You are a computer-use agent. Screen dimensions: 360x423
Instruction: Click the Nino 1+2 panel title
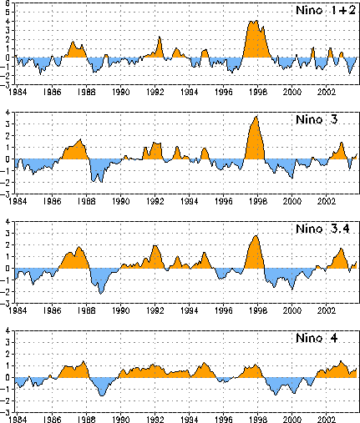tap(326, 10)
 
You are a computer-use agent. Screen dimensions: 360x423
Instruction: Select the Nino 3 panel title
tap(317, 119)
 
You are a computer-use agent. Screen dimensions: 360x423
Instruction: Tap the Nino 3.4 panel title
tap(322, 229)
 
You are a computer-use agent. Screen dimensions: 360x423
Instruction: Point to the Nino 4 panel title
tap(317, 338)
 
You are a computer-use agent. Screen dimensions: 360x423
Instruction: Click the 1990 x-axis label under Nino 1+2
tap(120, 92)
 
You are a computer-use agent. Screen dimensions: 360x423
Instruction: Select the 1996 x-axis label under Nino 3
tap(224, 201)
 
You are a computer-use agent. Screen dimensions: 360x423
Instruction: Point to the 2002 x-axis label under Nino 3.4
tap(327, 310)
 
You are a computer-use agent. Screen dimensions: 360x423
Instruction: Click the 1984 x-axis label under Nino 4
tap(18, 420)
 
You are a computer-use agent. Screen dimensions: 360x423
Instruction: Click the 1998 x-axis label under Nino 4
tap(258, 420)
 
